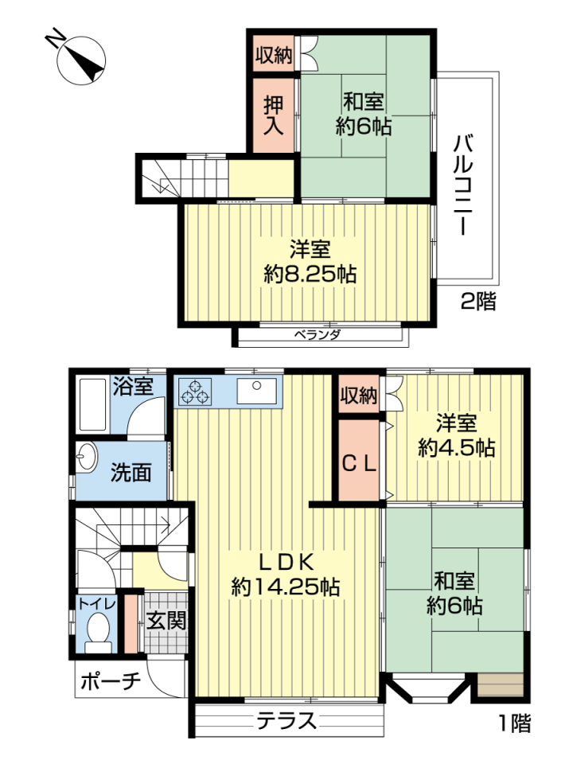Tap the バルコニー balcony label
(x=463, y=184)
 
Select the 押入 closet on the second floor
(x=273, y=115)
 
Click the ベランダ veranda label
(x=318, y=335)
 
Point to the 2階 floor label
(x=478, y=301)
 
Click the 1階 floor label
(x=515, y=723)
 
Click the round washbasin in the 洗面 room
(x=87, y=457)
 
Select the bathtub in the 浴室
(x=92, y=404)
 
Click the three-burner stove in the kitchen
(x=195, y=392)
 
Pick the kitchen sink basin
(x=257, y=392)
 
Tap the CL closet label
(x=359, y=463)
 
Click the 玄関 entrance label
(x=166, y=620)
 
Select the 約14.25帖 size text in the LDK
(x=286, y=587)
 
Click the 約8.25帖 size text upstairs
(x=310, y=275)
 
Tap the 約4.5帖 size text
(x=457, y=447)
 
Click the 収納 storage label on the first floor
(x=359, y=396)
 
